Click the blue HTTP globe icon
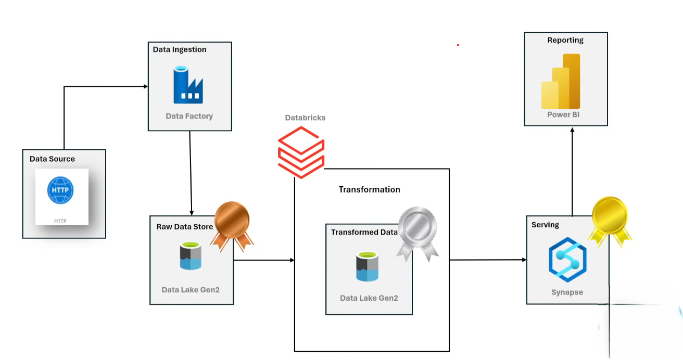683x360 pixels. pyautogui.click(x=61, y=191)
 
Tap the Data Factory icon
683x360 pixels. pyautogui.click(x=188, y=85)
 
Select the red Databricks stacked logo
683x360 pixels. pyautogui.click(x=301, y=151)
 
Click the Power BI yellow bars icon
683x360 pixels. pyautogui.click(x=561, y=82)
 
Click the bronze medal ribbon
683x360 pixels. pyautogui.click(x=232, y=224)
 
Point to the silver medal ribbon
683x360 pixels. pyautogui.click(x=417, y=232)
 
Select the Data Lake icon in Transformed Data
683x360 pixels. pyautogui.click(x=368, y=266)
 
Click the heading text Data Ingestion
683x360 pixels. pyautogui.click(x=180, y=49)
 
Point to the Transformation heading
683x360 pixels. pyautogui.click(x=370, y=189)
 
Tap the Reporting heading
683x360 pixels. pyautogui.click(x=565, y=40)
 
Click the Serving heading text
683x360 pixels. pyautogui.click(x=545, y=225)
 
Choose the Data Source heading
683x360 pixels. pyautogui.click(x=52, y=159)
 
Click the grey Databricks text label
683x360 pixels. pyautogui.click(x=305, y=118)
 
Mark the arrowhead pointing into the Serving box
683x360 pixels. pyautogui.click(x=523, y=260)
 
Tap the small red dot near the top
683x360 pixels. pyautogui.click(x=458, y=45)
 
